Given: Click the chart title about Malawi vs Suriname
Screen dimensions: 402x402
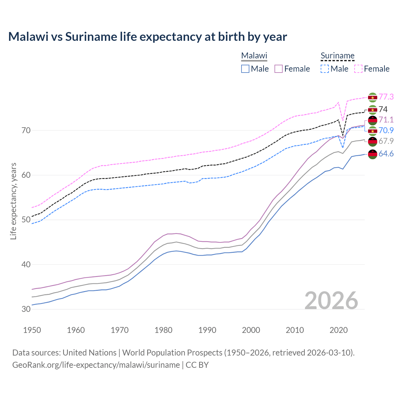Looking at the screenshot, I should coord(147,37).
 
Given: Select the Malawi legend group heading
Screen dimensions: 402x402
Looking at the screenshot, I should coord(254,56).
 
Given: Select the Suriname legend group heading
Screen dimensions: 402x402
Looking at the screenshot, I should coord(337,56).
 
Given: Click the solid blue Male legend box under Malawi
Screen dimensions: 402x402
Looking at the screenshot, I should coord(245,69).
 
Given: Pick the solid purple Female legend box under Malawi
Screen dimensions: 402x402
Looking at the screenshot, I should coord(279,69).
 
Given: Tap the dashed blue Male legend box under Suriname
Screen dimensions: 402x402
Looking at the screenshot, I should coord(325,69).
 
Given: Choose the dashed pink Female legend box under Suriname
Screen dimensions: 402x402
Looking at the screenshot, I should coord(358,69).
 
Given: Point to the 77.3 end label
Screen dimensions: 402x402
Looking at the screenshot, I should coord(386,97).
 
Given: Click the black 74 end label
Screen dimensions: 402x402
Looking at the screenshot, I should coord(383,109).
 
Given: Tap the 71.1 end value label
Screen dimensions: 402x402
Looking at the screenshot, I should coord(386,120).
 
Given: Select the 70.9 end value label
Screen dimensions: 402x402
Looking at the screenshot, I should coord(386,130).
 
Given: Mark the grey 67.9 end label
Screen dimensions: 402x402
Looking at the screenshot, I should coord(386,141).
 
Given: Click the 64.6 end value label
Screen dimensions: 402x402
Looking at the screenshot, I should coord(386,154).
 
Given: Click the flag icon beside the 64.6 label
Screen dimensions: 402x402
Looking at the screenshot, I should coord(372,154).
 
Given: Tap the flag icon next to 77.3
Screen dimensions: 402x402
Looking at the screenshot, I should coord(372,97).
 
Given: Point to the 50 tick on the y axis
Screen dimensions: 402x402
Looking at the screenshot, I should coord(26,220).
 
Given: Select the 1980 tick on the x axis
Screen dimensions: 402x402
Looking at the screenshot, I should coord(164,330).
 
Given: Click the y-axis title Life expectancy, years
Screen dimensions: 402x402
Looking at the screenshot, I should coord(13,201).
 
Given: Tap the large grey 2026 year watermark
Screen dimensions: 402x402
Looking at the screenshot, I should coord(331,301).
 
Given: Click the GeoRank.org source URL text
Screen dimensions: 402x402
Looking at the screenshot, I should coord(96,365).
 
